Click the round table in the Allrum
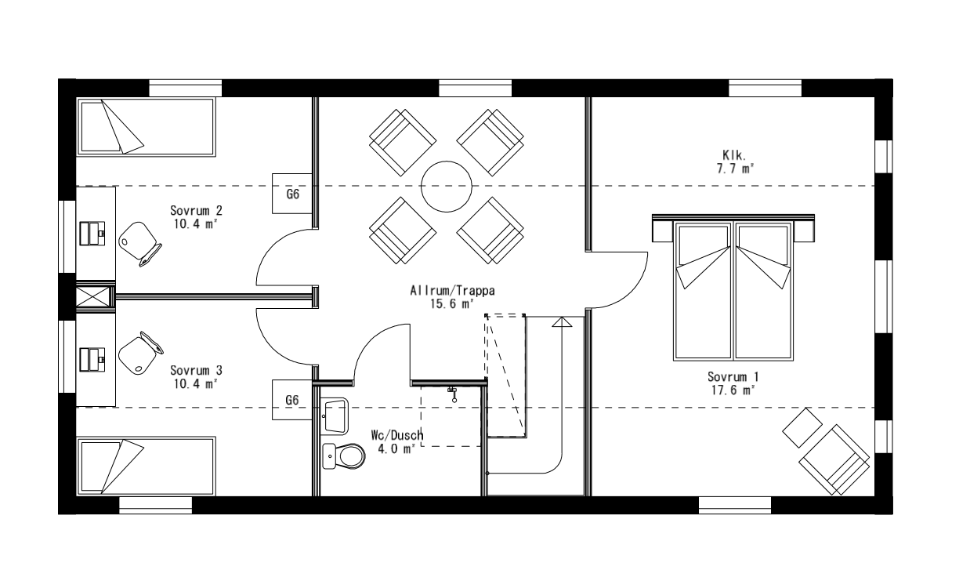pyautogui.click(x=447, y=187)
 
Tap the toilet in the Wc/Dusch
pyautogui.click(x=345, y=454)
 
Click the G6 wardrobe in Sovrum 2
pyautogui.click(x=292, y=193)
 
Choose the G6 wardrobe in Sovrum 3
pyautogui.click(x=292, y=400)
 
